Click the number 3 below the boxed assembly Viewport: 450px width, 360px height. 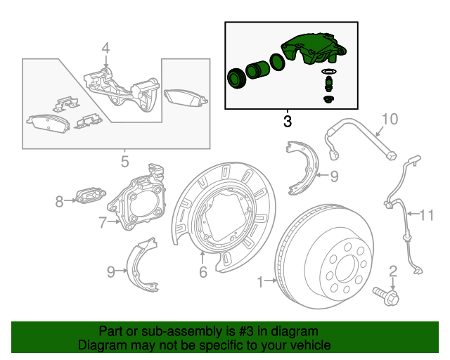tap(287, 121)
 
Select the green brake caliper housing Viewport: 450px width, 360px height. tap(313, 51)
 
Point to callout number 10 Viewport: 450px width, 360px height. tap(390, 119)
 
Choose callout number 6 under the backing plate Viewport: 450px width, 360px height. tap(202, 272)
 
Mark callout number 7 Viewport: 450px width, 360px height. tap(103, 224)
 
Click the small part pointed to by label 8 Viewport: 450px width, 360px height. tap(90, 194)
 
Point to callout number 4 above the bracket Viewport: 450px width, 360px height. tap(105, 49)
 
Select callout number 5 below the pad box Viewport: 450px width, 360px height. tap(124, 162)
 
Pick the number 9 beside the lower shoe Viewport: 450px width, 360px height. tap(111, 271)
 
